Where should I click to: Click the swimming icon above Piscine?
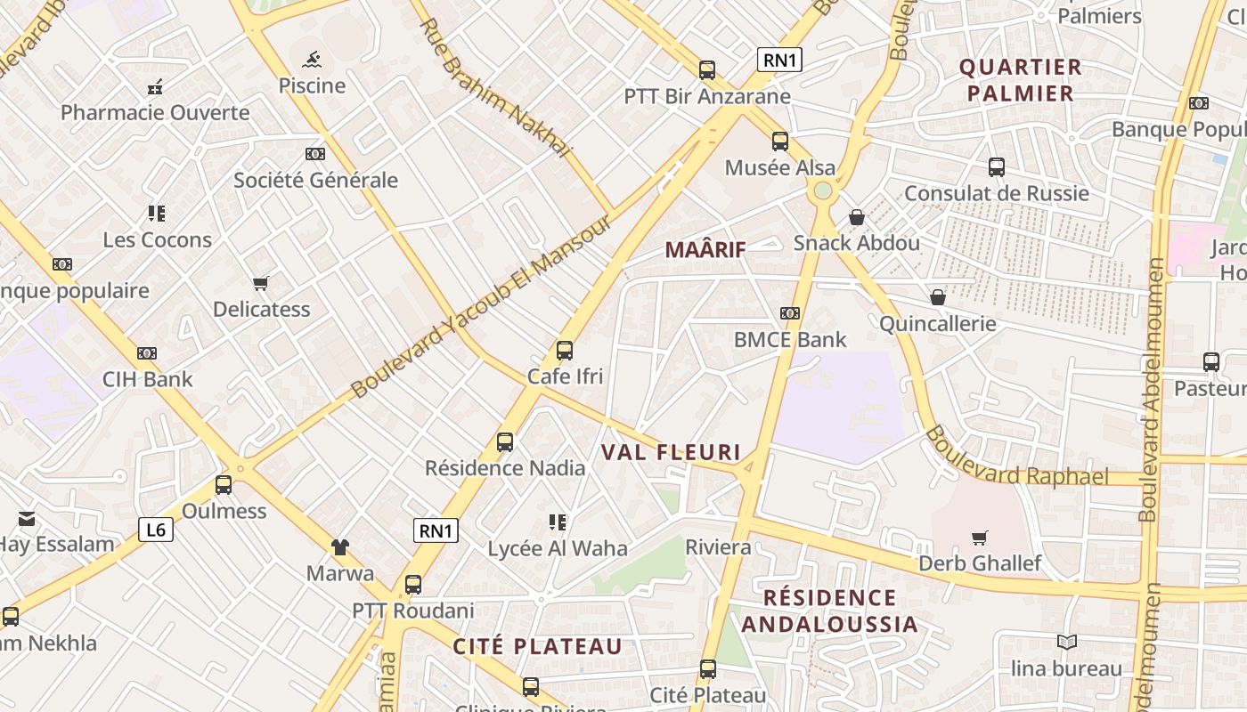tap(311, 61)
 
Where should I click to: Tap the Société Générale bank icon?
tap(315, 154)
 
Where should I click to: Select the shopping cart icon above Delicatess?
tap(260, 283)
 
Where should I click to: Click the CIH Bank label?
tap(147, 379)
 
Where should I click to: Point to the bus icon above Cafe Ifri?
tap(564, 351)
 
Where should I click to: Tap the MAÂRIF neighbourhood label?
tap(705, 250)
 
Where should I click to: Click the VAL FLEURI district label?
tap(671, 452)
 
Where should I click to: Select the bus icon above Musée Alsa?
tap(780, 142)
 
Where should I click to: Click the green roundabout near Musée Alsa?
tap(822, 190)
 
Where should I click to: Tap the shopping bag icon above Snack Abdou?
tap(856, 217)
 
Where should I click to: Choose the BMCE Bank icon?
tap(789, 313)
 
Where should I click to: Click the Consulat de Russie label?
tap(996, 193)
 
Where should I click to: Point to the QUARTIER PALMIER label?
tap(1020, 80)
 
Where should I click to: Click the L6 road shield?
tap(156, 530)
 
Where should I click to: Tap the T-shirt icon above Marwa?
tap(339, 546)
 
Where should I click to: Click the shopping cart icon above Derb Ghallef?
tap(980, 538)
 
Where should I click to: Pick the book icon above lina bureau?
tap(1066, 642)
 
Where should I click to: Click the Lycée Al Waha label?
tap(558, 548)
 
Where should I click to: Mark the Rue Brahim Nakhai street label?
tap(494, 88)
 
